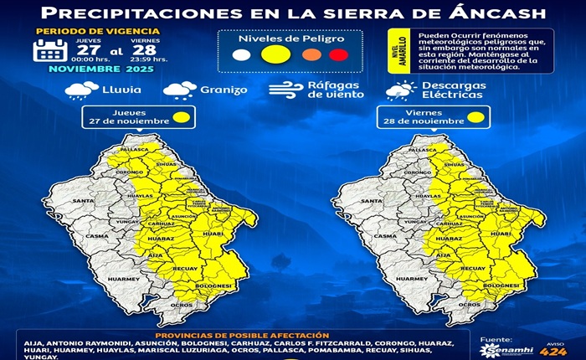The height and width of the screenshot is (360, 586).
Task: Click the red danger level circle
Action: click(338, 55)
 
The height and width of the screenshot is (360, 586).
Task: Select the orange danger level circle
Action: click(311, 55)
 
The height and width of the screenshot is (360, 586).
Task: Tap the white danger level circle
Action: click(241, 55)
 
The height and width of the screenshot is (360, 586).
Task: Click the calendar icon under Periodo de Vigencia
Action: click(49, 50)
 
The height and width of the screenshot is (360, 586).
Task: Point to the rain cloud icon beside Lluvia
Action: click(81, 90)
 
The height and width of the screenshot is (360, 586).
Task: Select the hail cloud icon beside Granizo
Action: click(180, 90)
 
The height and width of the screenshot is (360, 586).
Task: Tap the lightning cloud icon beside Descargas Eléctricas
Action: click(401, 90)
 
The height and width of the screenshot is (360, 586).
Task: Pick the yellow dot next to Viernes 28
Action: click(475, 118)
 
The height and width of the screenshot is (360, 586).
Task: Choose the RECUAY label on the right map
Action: click(473, 268)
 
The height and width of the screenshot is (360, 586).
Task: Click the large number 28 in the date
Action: click(144, 49)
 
